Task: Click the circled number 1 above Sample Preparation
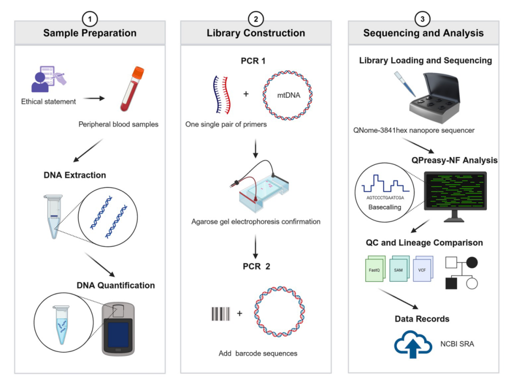click(x=89, y=19)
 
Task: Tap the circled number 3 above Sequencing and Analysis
click(x=423, y=19)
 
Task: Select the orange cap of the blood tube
click(x=138, y=71)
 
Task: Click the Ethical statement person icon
click(x=40, y=82)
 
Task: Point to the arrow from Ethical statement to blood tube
click(x=94, y=98)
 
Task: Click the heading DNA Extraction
click(x=75, y=175)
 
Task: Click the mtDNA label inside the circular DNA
click(x=289, y=95)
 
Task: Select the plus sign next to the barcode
click(x=239, y=313)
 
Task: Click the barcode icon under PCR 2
click(x=220, y=313)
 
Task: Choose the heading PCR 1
click(x=253, y=61)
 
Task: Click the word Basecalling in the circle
click(x=385, y=207)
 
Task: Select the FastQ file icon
click(x=375, y=268)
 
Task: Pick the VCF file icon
click(x=423, y=268)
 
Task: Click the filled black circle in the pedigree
click(x=472, y=262)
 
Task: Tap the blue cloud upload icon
click(x=413, y=344)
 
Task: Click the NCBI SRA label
click(x=457, y=344)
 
